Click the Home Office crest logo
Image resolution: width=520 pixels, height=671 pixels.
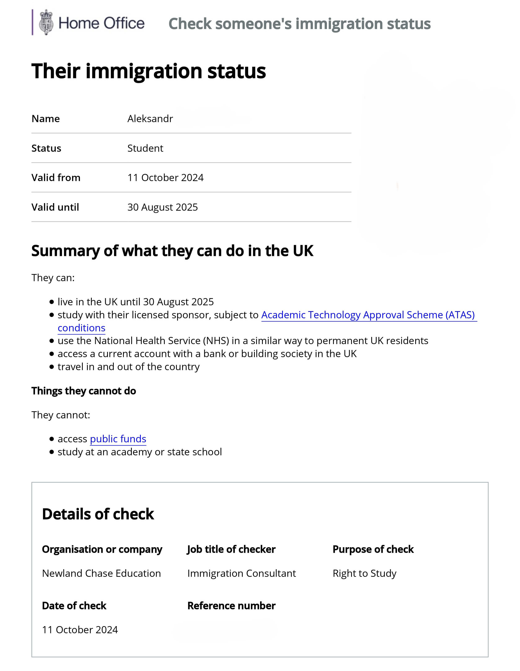coord(46,22)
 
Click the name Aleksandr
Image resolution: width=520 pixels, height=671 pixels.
coord(150,119)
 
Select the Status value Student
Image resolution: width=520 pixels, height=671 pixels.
coord(145,148)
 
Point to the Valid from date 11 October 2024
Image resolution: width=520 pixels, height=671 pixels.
coord(165,178)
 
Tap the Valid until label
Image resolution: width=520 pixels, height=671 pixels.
coord(55,207)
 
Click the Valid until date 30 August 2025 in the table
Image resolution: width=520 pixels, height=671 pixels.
coord(162,207)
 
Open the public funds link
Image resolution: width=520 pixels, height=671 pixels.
coord(118,439)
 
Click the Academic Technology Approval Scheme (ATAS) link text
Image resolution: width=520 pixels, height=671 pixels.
coord(368,315)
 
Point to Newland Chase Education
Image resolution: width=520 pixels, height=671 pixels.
coord(101,573)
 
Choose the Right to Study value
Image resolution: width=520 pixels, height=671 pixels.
coord(364,573)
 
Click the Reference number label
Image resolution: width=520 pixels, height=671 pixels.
coord(231,606)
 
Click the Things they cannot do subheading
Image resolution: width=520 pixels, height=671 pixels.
coord(83,391)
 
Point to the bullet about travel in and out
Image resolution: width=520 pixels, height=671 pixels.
coord(128,367)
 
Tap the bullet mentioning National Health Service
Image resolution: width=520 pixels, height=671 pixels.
coord(242,341)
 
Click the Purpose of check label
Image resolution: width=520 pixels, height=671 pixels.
coord(373,549)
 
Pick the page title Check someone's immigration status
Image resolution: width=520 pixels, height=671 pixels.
coord(299,24)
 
